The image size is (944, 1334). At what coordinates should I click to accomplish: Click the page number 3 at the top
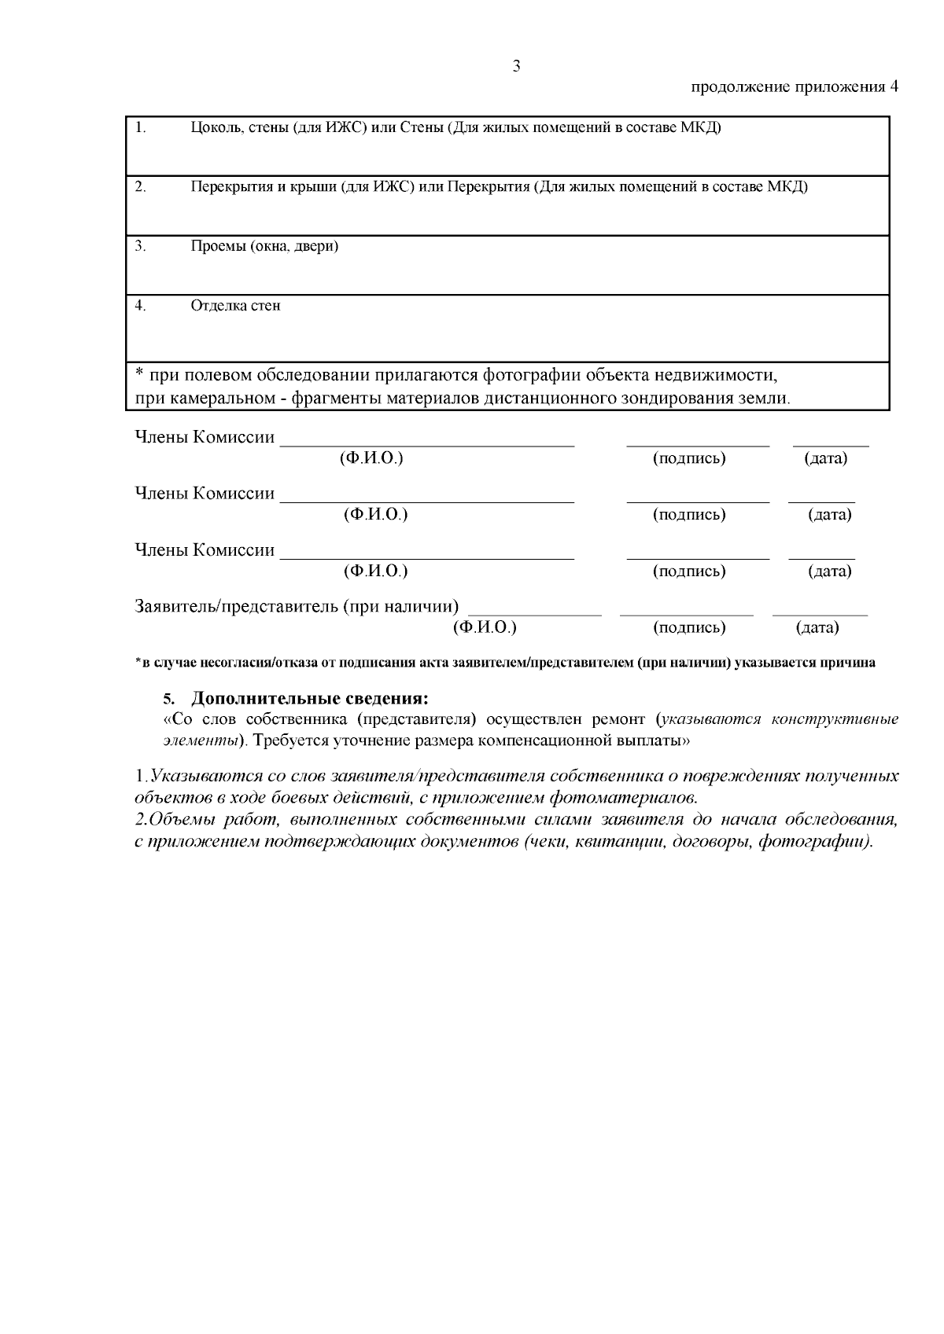(x=516, y=66)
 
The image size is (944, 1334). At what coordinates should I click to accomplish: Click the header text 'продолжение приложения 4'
(x=794, y=87)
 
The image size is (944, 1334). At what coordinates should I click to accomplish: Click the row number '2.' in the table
(x=140, y=187)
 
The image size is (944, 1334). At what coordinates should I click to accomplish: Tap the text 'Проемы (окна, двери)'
(x=264, y=246)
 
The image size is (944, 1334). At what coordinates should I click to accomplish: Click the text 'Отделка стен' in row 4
(x=235, y=306)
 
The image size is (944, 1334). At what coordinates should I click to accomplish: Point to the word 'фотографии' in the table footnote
(x=529, y=375)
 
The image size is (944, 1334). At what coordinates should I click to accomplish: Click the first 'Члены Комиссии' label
(x=205, y=437)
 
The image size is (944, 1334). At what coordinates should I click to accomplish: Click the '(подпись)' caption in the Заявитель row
(x=689, y=628)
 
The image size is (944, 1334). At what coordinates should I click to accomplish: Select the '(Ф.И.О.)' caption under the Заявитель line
(x=485, y=628)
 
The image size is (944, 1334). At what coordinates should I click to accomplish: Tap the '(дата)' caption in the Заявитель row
(x=817, y=628)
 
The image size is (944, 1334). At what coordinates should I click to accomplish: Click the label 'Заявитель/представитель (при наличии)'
(x=297, y=607)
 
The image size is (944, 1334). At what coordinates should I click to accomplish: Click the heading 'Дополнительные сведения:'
(x=311, y=699)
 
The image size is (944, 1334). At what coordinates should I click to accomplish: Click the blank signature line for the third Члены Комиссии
(x=697, y=557)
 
